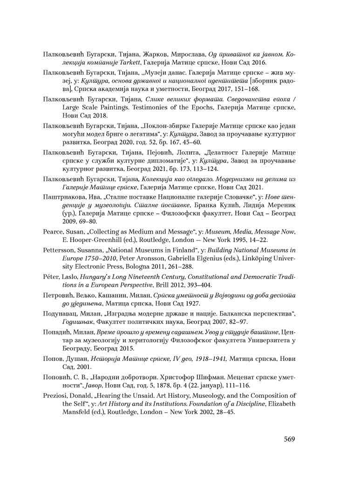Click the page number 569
[x=289, y=439]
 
